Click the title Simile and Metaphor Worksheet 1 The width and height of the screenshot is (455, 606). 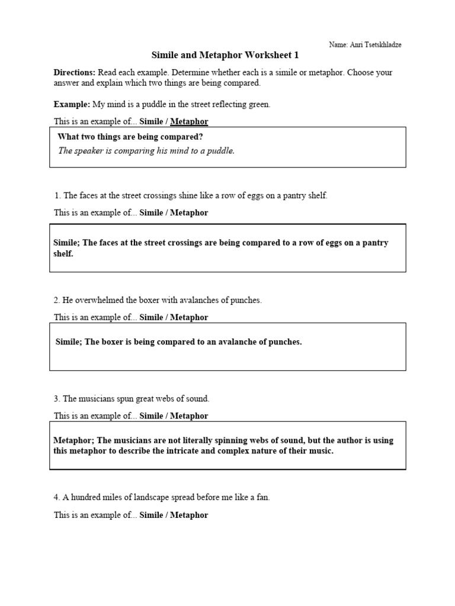(x=225, y=55)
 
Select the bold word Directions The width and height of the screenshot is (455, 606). (x=75, y=72)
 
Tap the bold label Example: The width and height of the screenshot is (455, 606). (x=72, y=104)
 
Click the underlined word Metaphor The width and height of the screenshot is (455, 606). (x=189, y=121)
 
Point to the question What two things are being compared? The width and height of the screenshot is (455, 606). (x=130, y=137)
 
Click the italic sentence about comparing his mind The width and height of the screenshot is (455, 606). (x=146, y=151)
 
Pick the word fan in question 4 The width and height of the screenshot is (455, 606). (x=262, y=498)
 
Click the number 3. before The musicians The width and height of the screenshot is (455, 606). (x=57, y=399)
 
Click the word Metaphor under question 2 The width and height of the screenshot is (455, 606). (x=189, y=317)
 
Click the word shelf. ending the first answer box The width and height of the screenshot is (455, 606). (x=63, y=253)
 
